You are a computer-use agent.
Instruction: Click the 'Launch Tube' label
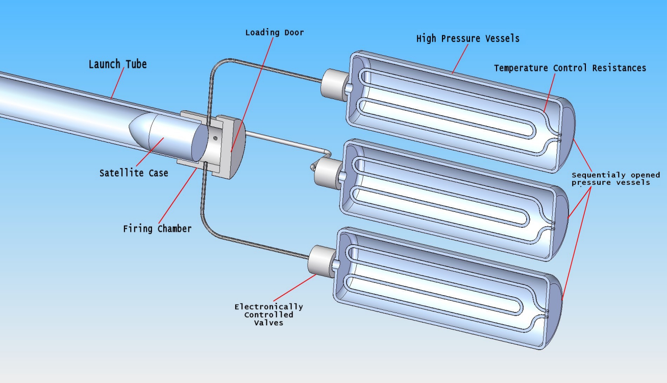(x=117, y=64)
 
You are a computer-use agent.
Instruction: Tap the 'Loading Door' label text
(x=275, y=33)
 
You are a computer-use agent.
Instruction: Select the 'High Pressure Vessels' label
(x=467, y=38)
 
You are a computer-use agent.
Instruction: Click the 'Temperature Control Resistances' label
(x=570, y=68)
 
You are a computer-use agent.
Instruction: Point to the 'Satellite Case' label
(x=134, y=173)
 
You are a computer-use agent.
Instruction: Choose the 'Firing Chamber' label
(x=157, y=228)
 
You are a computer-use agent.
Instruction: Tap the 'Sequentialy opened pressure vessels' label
(x=615, y=179)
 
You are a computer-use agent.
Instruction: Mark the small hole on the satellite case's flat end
(x=215, y=138)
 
